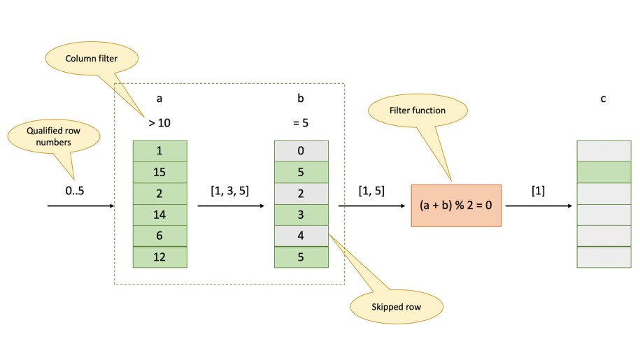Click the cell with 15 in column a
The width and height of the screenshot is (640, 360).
coord(159,172)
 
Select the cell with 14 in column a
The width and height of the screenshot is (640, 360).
coord(159,215)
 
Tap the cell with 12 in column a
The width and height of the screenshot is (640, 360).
coord(159,257)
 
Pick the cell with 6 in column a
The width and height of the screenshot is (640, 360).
coord(159,236)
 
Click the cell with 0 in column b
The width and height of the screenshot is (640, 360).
coord(301,151)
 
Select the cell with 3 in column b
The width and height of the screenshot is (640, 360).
coord(301,215)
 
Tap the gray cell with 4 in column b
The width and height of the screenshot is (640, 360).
coord(301,236)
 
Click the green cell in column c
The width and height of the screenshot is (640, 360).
coord(603,172)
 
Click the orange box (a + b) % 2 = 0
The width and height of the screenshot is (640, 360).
coord(456,206)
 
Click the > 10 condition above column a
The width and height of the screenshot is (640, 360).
coord(159,124)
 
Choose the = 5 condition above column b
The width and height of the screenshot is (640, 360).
coord(301,124)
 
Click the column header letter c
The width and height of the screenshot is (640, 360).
coord(603,99)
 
